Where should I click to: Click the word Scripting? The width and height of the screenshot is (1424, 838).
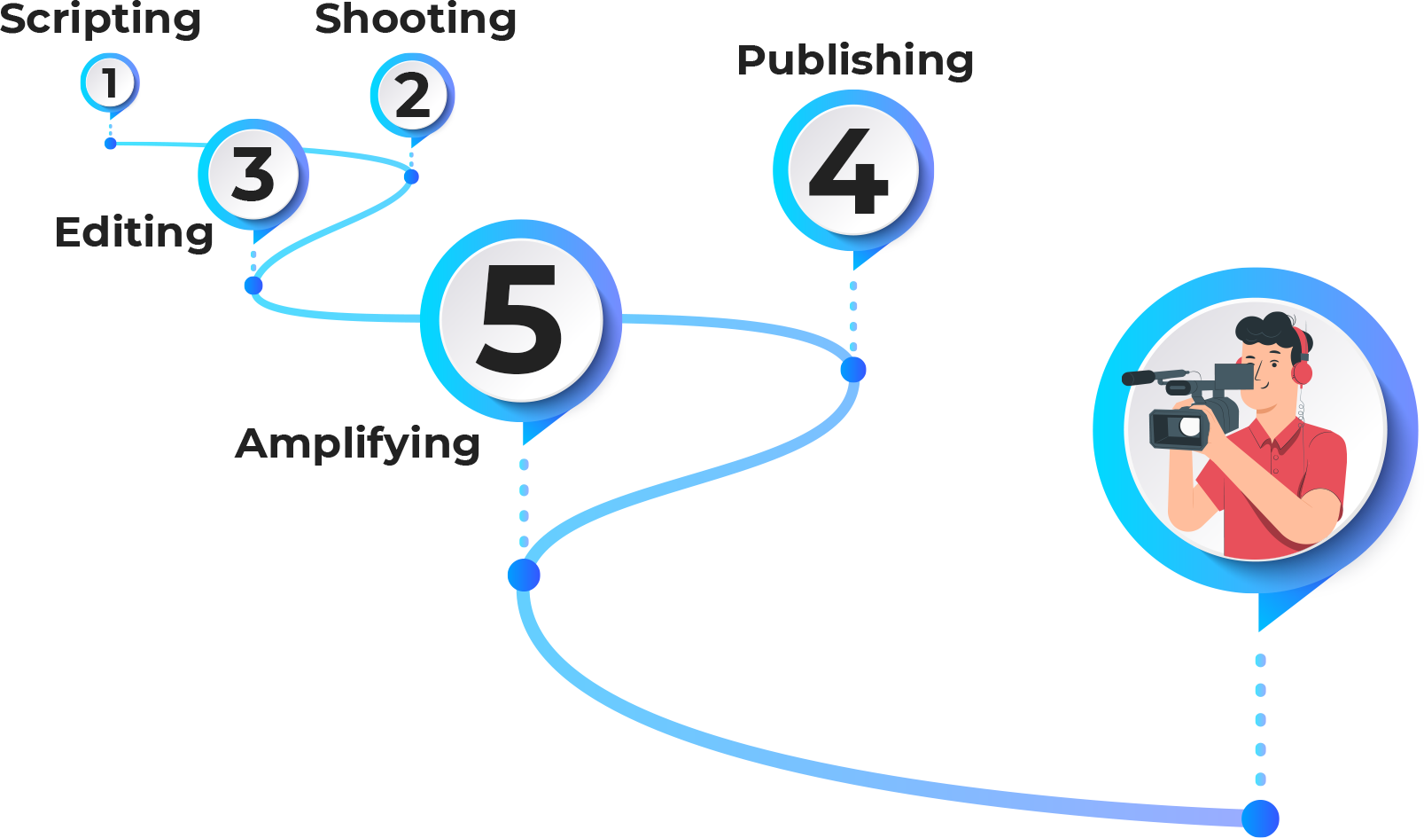coord(100,20)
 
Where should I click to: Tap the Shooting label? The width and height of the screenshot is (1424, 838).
coord(416,20)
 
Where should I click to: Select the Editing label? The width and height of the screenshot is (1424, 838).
coord(135,232)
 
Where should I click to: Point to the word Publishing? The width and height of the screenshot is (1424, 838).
coord(855,60)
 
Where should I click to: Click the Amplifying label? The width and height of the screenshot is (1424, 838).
coord(358,442)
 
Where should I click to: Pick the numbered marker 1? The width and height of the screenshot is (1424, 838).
coord(110,83)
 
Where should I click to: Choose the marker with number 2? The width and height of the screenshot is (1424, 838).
coord(412,96)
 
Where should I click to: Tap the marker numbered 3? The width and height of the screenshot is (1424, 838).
coord(253,173)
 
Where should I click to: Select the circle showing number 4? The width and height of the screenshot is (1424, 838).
coord(852,169)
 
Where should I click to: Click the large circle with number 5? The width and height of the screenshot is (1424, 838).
coord(521,319)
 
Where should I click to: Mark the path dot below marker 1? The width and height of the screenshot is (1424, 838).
coord(110,143)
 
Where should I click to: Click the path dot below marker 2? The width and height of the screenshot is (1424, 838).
coord(411,176)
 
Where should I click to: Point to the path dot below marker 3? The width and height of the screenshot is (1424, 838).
coord(253,285)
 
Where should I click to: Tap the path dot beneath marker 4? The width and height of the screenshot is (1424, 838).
coord(853,369)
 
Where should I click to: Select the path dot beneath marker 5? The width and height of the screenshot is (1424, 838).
coord(524,575)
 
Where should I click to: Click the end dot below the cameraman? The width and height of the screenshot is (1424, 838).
coord(1260,818)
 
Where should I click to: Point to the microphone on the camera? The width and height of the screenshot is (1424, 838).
coord(1152,377)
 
